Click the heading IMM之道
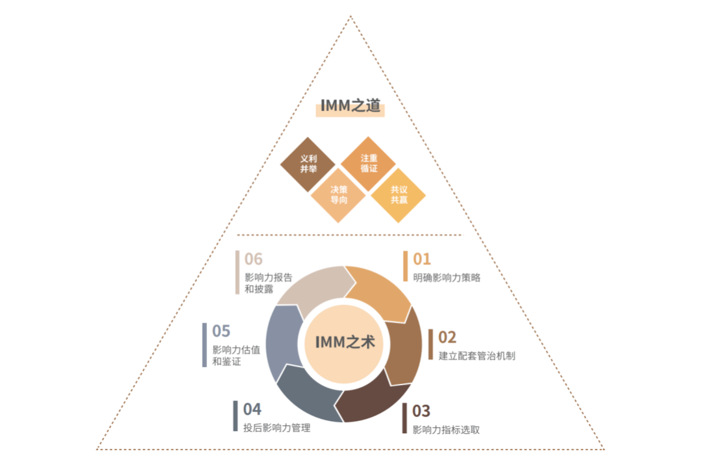pyautogui.click(x=350, y=107)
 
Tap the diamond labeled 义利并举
pyautogui.click(x=308, y=164)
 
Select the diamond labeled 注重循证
pyautogui.click(x=369, y=164)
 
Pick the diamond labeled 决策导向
pyautogui.click(x=339, y=195)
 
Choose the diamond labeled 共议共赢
pyautogui.click(x=399, y=195)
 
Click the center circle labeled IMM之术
pyautogui.click(x=344, y=343)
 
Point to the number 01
pyautogui.click(x=422, y=259)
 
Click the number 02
pyautogui.click(x=447, y=337)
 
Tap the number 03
pyautogui.click(x=421, y=410)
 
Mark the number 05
pyautogui.click(x=221, y=331)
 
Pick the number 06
pyautogui.click(x=253, y=259)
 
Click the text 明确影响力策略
pyautogui.click(x=447, y=278)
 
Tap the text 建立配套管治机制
pyautogui.click(x=476, y=356)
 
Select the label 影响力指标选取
pyautogui.click(x=446, y=429)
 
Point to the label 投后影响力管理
pyautogui.click(x=277, y=428)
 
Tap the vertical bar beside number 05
pyautogui.click(x=204, y=345)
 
